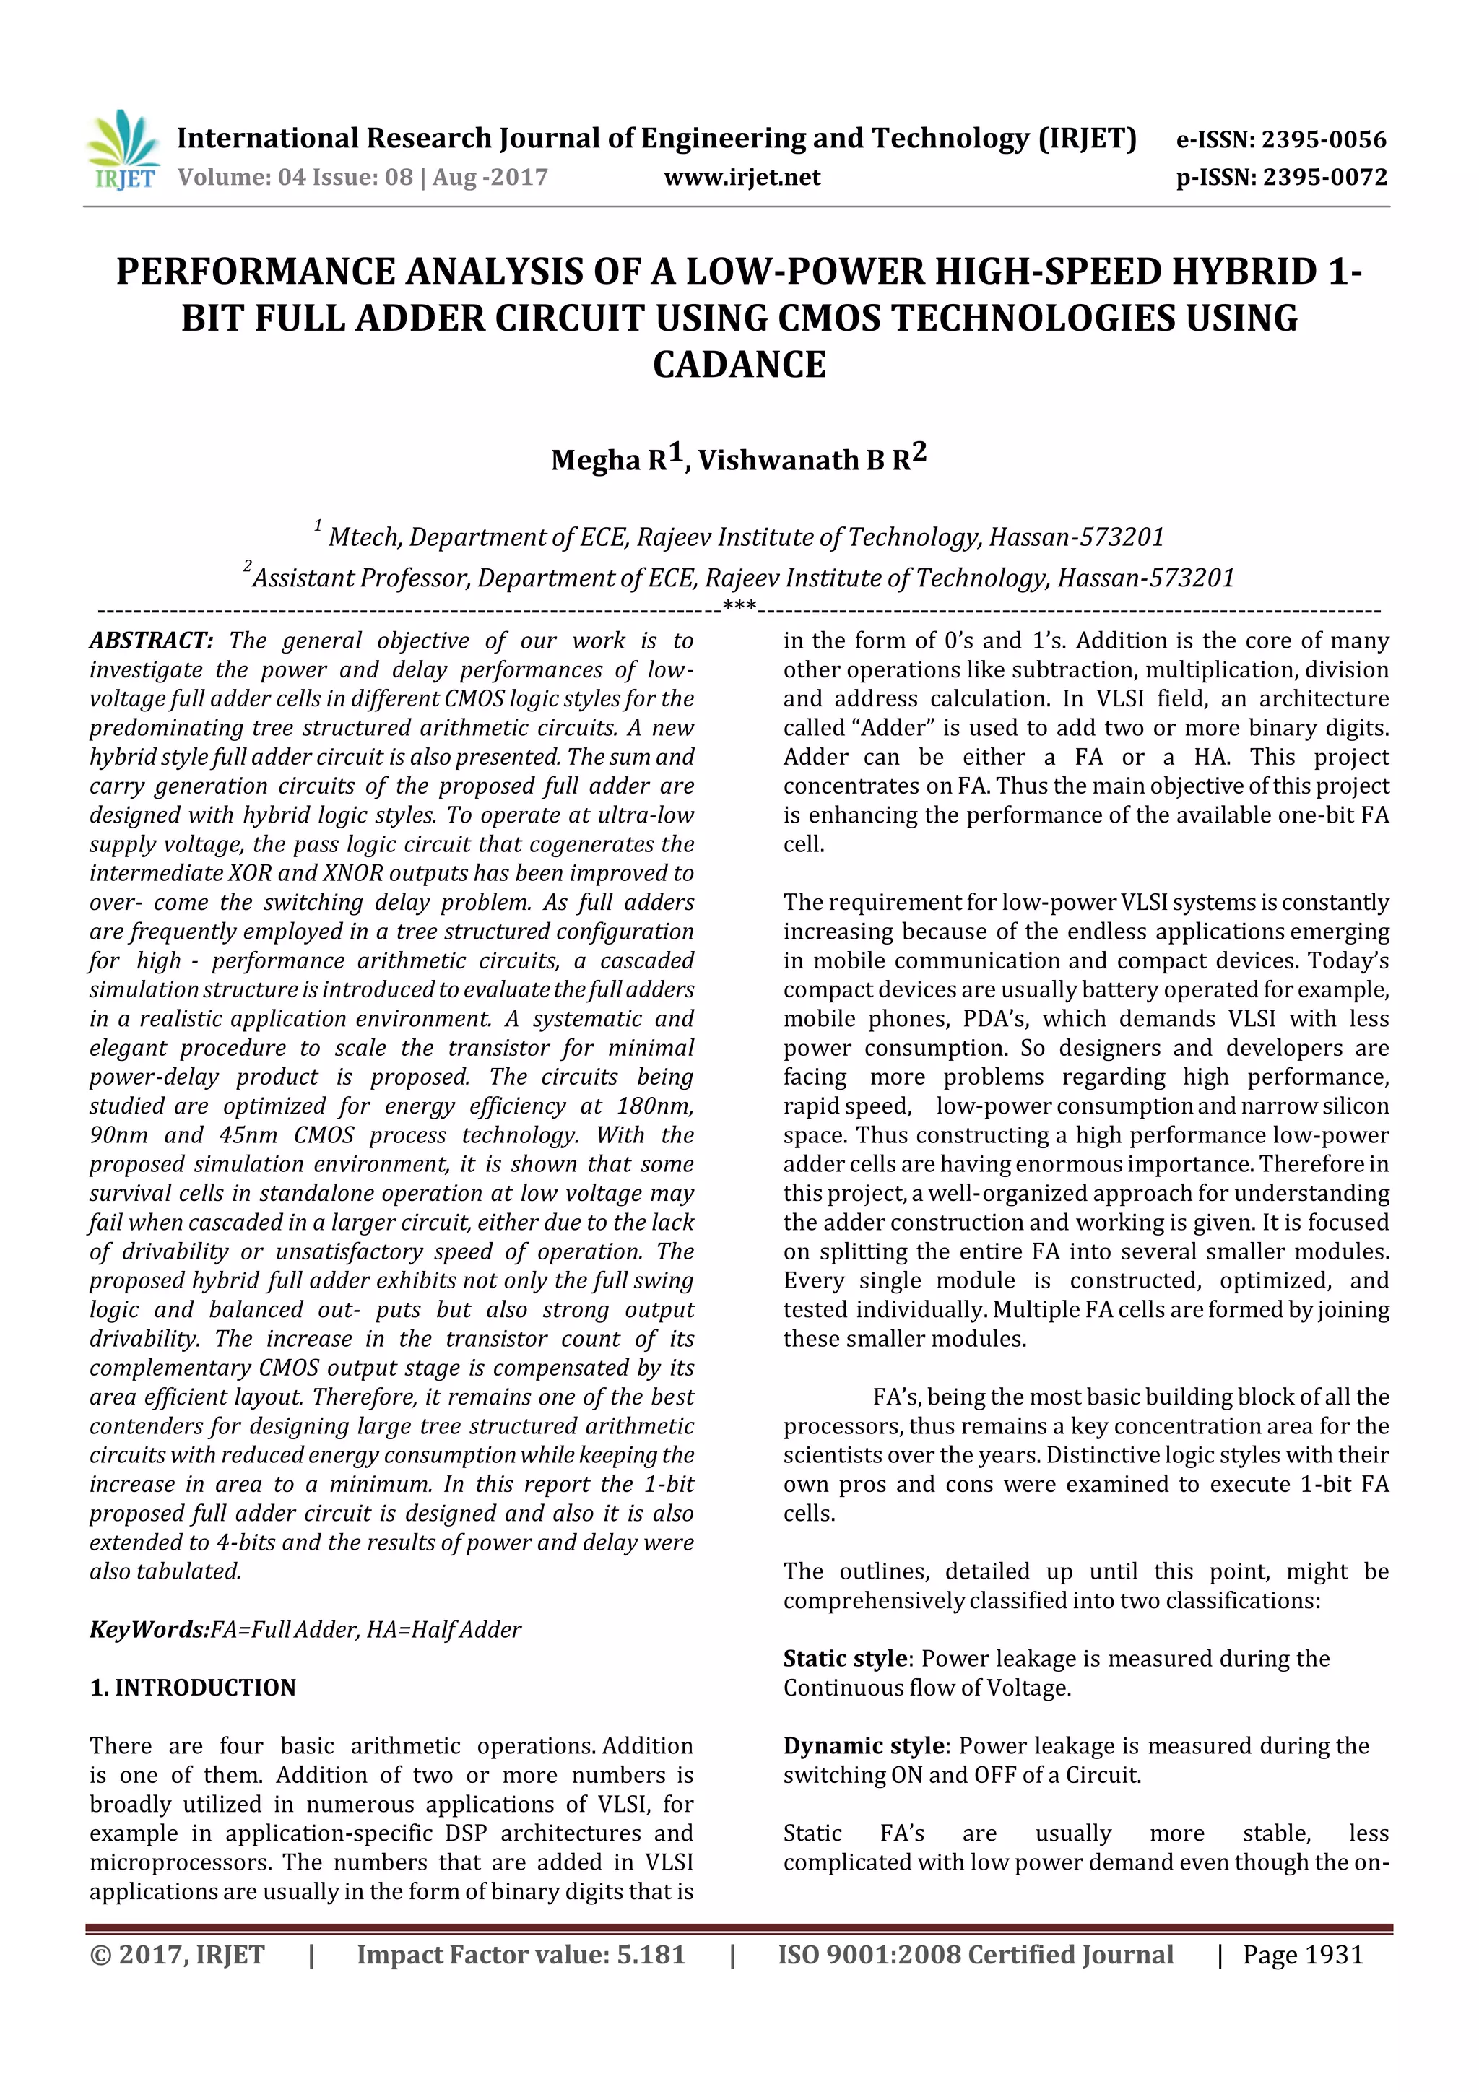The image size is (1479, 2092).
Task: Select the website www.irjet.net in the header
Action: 742,177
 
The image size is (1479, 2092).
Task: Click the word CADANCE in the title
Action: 739,365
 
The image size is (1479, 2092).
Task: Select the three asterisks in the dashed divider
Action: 739,605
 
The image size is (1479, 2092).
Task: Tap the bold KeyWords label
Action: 149,1629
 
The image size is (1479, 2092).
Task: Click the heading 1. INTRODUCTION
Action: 194,1688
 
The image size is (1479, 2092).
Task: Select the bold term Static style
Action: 845,1658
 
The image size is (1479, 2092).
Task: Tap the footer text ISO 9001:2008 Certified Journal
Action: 975,1954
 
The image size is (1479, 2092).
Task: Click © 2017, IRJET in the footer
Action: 177,1954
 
